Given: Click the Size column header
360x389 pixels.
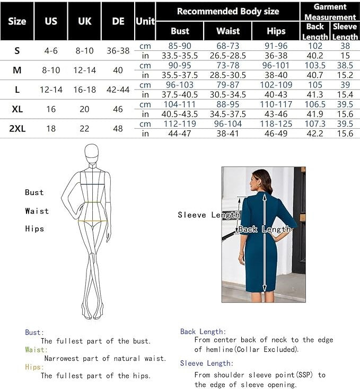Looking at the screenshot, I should point(17,22).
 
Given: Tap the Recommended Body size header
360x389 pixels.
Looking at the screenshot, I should point(227,11).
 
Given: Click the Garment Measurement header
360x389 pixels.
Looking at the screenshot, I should point(330,12).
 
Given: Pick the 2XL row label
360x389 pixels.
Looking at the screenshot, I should point(17,128).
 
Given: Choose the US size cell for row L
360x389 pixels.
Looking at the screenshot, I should point(51,90).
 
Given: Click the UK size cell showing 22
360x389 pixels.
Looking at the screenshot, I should point(85,128).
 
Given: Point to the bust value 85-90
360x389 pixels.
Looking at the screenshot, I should point(180,46).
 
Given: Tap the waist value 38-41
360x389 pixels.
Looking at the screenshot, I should point(228,134).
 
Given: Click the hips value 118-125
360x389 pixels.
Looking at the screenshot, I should point(276,124).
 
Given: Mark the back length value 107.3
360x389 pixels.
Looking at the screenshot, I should point(315,124).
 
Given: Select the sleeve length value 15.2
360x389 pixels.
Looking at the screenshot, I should point(345,75).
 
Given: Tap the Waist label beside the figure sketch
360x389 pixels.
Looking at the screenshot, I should point(37,211).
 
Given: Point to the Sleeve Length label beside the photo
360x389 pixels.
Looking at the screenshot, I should point(208,215).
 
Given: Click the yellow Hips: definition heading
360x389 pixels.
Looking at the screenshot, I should point(34,367).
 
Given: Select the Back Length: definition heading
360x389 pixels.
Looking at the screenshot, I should point(203,331).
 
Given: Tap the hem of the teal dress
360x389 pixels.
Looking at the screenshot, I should point(261,289).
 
